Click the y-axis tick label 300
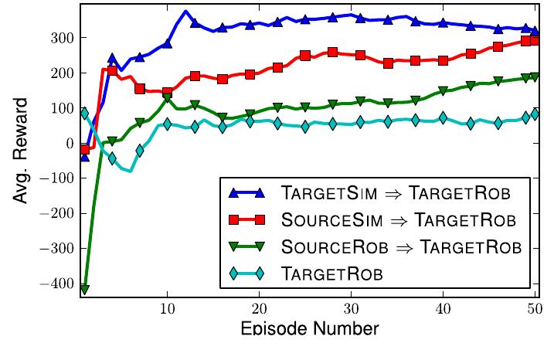click(61, 38)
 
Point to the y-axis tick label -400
click(57, 284)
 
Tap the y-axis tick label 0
click(69, 144)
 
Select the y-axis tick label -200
click(57, 214)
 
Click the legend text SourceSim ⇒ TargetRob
click(399, 220)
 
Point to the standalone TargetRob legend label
click(333, 273)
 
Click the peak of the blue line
click(186, 12)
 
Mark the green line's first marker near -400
click(84, 289)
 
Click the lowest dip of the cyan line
click(129, 171)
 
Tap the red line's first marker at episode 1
click(84, 148)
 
